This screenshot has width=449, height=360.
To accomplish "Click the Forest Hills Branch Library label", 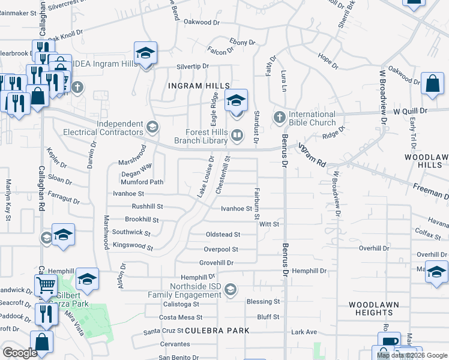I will point(200,137).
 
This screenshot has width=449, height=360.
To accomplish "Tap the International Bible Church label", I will point(312,118).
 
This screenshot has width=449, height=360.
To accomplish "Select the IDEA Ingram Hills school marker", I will point(145,55).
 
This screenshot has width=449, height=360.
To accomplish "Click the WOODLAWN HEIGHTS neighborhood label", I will point(373,308).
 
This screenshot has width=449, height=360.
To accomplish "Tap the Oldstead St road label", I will point(223,235).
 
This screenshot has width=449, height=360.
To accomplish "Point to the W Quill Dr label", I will point(410,111).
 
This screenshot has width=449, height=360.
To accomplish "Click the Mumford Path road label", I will point(142,182).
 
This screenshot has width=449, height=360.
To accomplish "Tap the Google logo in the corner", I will point(20,353).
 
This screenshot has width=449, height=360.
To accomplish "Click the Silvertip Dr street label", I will point(192,66).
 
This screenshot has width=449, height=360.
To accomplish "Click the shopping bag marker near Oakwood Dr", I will point(432,85).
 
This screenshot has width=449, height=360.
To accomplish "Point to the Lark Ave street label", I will point(304,331).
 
